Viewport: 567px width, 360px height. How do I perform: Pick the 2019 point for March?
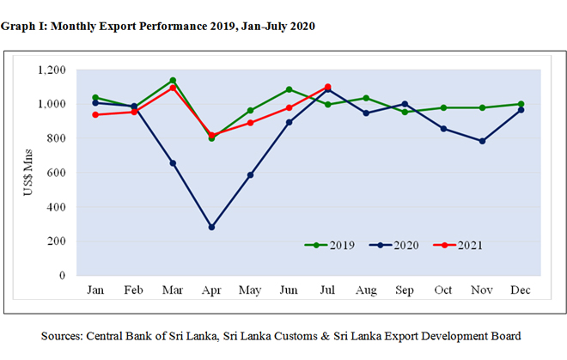(173, 81)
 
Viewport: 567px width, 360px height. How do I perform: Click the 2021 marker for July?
(327, 87)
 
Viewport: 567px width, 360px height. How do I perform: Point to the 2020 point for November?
(483, 141)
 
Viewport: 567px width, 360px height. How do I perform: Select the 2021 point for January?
(94, 114)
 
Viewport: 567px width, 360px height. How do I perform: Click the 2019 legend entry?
(330, 245)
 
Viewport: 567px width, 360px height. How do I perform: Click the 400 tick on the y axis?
(57, 207)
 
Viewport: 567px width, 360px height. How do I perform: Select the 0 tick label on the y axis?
(63, 276)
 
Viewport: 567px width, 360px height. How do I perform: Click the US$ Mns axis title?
(27, 172)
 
